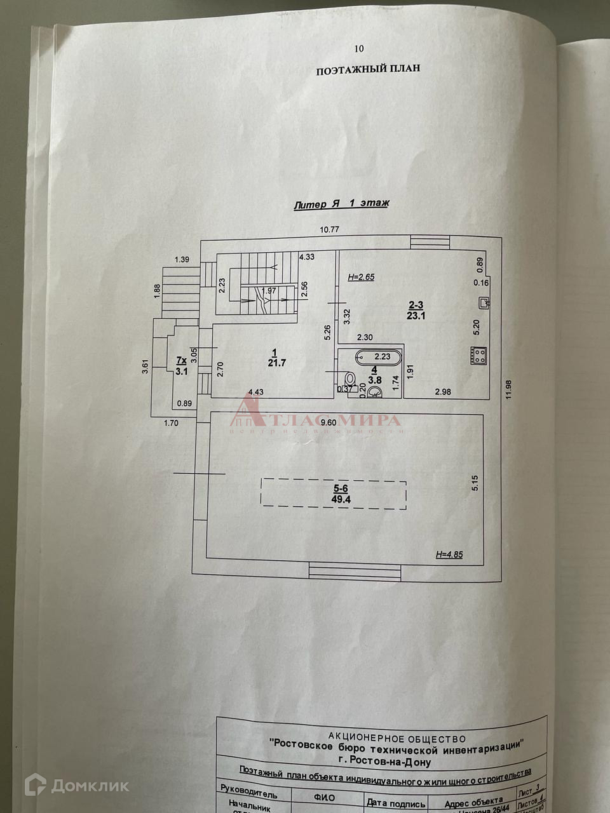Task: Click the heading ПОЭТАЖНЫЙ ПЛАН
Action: pyautogui.click(x=368, y=69)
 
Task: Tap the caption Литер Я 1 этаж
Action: pyautogui.click(x=341, y=204)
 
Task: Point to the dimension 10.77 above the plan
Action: pyautogui.click(x=329, y=230)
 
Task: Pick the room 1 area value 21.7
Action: pyautogui.click(x=277, y=363)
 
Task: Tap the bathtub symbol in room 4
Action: pyautogui.click(x=378, y=357)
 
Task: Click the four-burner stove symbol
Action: pyautogui.click(x=478, y=355)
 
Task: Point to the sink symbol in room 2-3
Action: pyautogui.click(x=484, y=303)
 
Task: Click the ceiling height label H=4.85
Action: pyautogui.click(x=449, y=554)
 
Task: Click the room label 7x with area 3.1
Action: pyautogui.click(x=182, y=366)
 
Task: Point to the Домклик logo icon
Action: pyautogui.click(x=35, y=786)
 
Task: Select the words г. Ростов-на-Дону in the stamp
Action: pyautogui.click(x=384, y=762)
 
